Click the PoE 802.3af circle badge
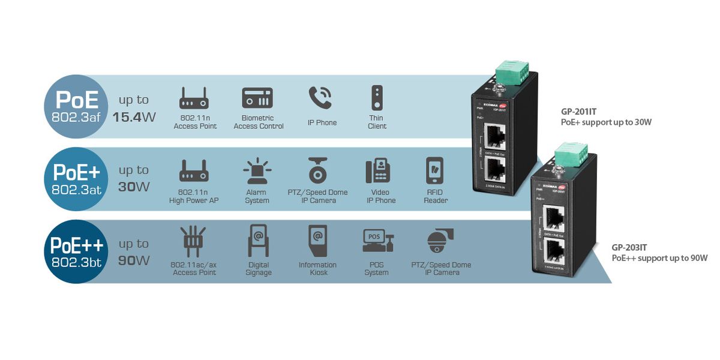tap(75, 106)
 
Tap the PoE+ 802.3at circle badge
tap(75, 178)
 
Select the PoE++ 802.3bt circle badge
tap(76, 251)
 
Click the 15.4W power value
tap(134, 117)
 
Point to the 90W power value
tap(134, 260)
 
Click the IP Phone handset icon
tap(320, 98)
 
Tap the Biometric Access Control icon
tap(257, 98)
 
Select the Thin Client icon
tap(377, 98)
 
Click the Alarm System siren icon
tap(257, 171)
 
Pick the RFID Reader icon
tap(434, 171)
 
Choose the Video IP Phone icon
tap(378, 172)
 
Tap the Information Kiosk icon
tap(318, 241)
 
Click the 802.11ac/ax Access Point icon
tap(193, 241)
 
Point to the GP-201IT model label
tap(578, 111)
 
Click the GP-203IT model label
tap(629, 247)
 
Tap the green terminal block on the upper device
tap(509, 71)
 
